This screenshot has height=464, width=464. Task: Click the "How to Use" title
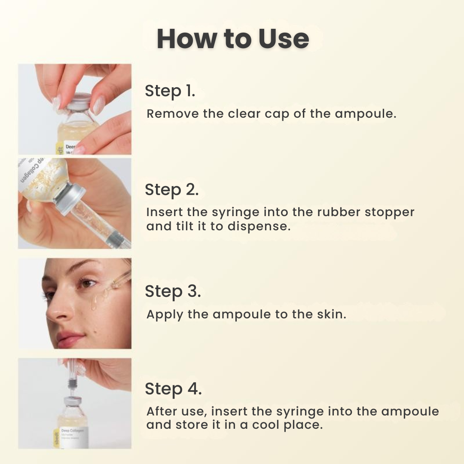(x=232, y=39)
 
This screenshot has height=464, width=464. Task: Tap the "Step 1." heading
(x=170, y=91)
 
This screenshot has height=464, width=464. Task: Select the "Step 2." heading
(x=171, y=189)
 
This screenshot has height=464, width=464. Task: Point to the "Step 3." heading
(x=172, y=291)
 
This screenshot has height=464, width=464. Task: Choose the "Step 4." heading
(x=173, y=389)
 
